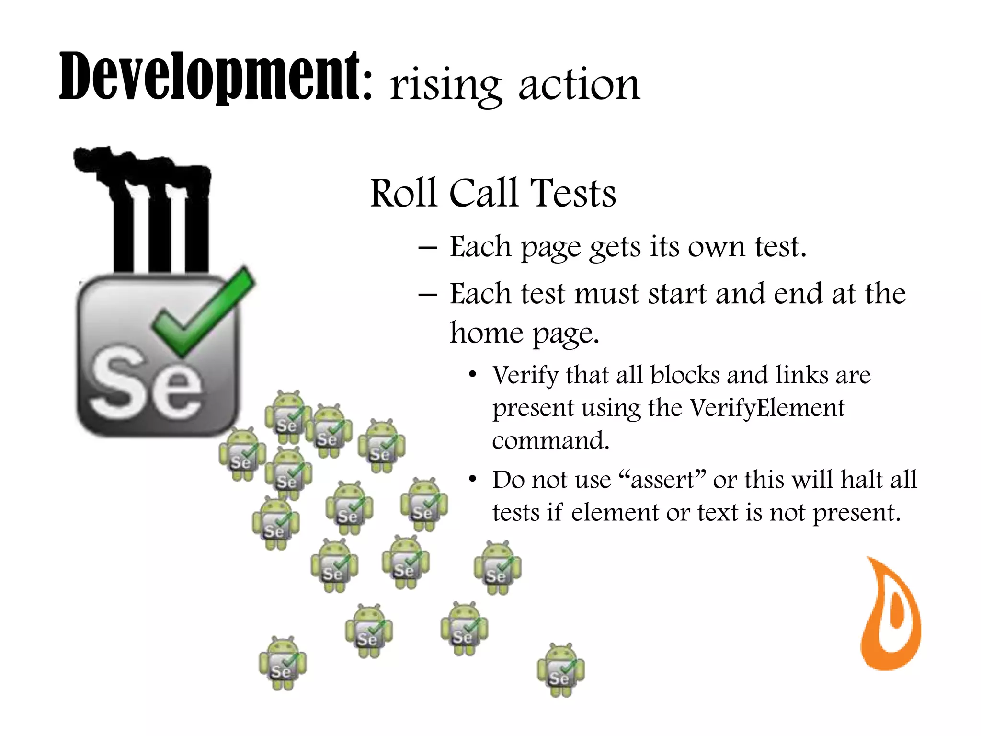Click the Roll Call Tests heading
click(x=493, y=193)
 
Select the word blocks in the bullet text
click(x=685, y=375)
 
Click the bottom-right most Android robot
click(x=560, y=670)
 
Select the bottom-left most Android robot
click(x=283, y=664)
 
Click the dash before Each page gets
click(x=427, y=248)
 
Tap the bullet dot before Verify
click(x=473, y=375)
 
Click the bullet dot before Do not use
click(x=473, y=480)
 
